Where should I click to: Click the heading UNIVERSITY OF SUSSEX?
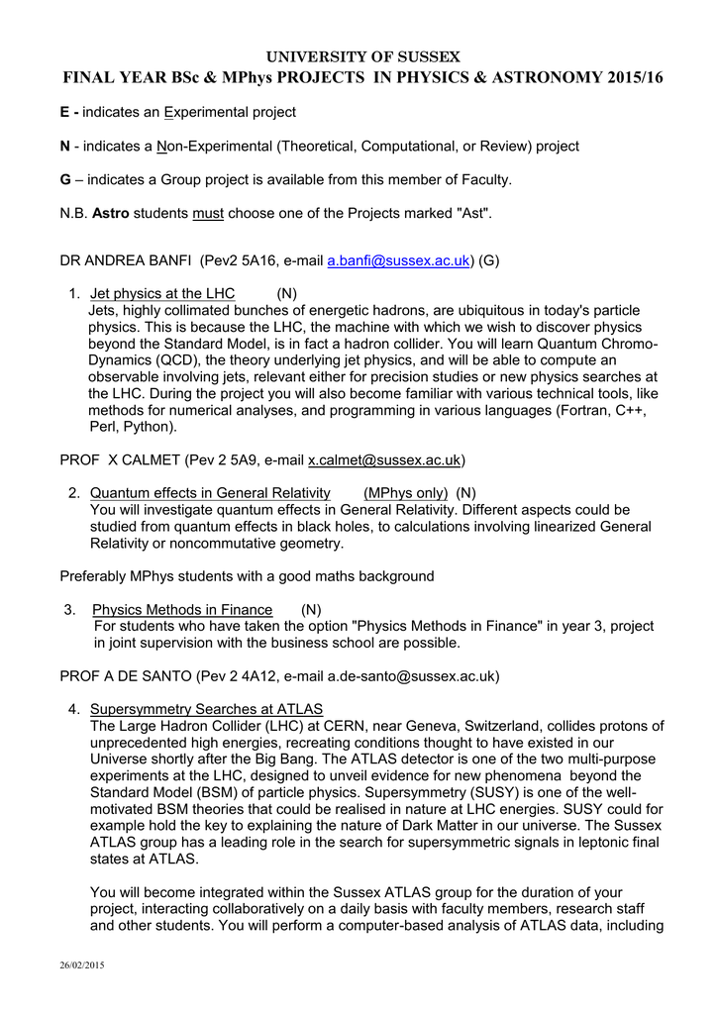[x=359, y=56]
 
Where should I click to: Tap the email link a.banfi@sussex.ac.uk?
[x=398, y=261]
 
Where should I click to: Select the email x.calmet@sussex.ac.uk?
[x=384, y=460]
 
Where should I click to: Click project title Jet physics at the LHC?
[x=162, y=294]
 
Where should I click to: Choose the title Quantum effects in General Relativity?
[x=210, y=493]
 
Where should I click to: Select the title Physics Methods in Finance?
[x=182, y=610]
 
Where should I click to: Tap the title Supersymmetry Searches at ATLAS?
[x=206, y=709]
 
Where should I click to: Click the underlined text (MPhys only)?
[x=405, y=493]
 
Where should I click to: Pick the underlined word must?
[x=208, y=213]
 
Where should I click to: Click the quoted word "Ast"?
[x=472, y=213]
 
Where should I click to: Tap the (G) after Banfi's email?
[x=489, y=261]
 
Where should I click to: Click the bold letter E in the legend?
[x=65, y=113]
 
